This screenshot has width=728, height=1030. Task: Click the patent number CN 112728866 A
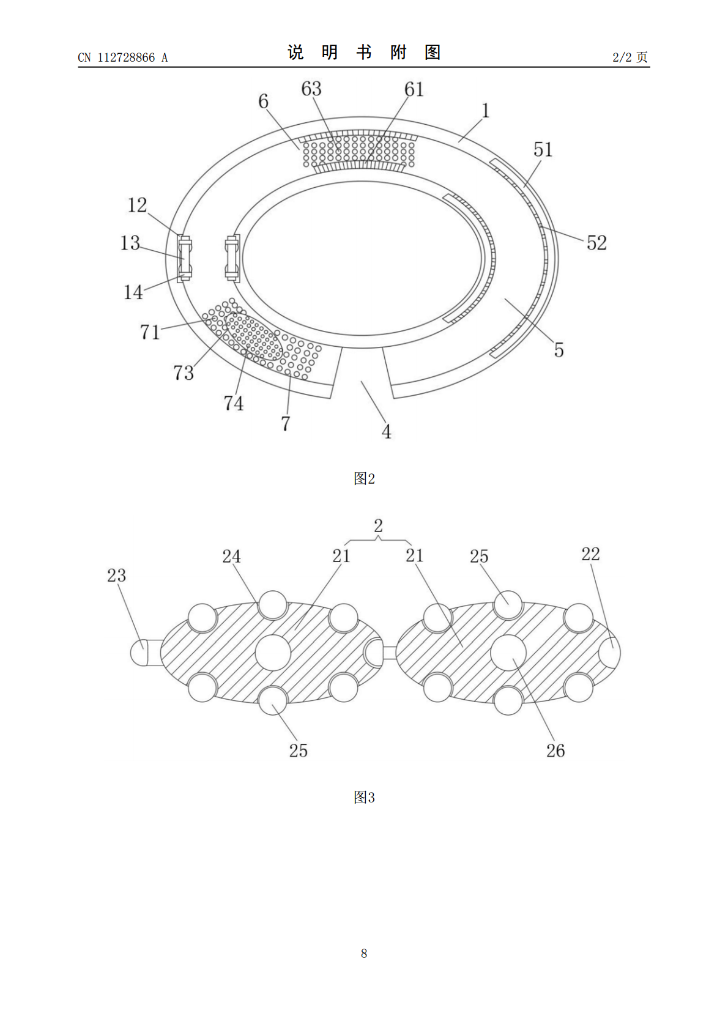click(122, 57)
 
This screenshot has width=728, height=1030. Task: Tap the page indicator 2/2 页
click(630, 57)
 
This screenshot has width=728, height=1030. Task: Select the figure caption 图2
click(364, 479)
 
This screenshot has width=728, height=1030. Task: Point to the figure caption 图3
click(364, 797)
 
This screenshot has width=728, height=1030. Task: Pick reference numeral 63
click(311, 89)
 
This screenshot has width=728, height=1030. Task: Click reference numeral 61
click(414, 89)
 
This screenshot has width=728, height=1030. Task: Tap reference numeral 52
click(596, 242)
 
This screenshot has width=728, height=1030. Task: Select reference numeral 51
click(543, 149)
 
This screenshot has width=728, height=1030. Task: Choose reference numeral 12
click(137, 205)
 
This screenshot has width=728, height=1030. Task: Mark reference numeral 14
click(133, 292)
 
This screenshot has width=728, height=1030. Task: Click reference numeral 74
click(233, 403)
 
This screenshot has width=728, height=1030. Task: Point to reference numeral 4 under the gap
click(386, 432)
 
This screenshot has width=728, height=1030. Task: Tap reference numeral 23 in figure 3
click(116, 575)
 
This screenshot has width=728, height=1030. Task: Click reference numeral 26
click(555, 750)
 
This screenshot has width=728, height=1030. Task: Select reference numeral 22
click(590, 554)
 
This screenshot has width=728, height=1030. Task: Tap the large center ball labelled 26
click(508, 653)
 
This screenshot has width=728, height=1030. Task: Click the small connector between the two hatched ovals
click(389, 653)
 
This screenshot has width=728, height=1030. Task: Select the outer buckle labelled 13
click(184, 258)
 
